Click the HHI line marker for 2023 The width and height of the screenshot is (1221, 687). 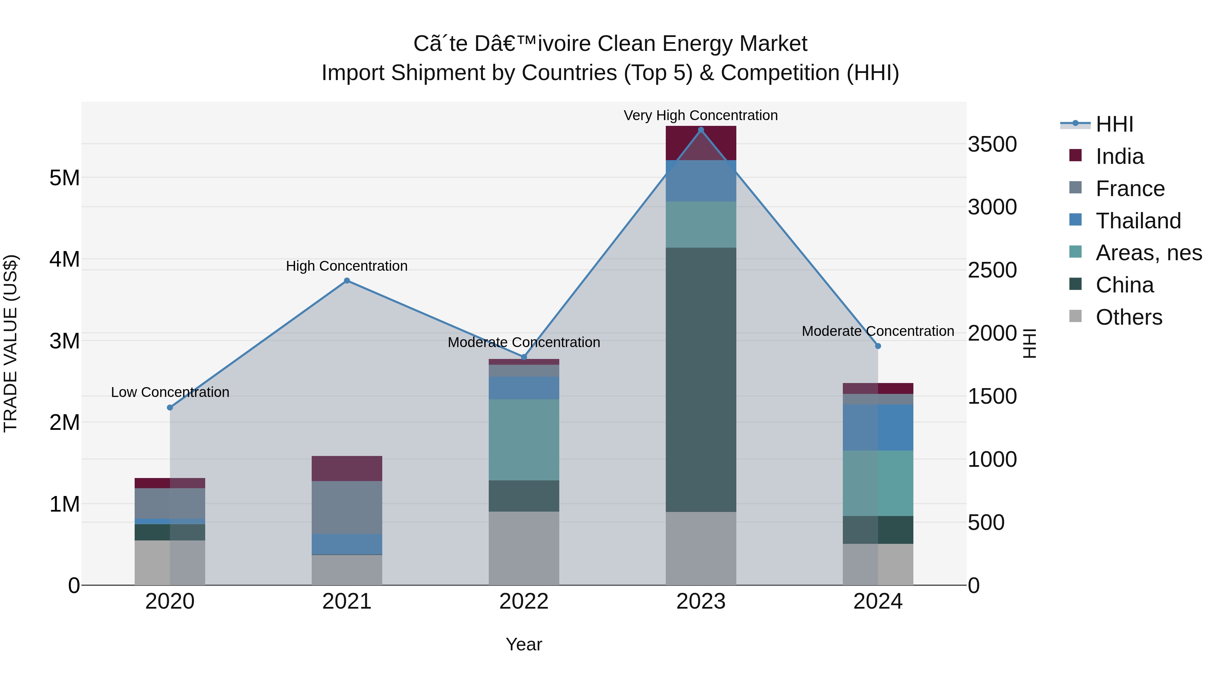point(701,130)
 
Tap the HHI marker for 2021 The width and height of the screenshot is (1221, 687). point(347,281)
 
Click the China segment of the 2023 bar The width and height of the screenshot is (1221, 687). point(701,379)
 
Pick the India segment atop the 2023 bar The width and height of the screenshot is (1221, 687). point(701,143)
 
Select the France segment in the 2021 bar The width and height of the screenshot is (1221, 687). point(347,507)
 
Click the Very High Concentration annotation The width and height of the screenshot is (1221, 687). point(701,115)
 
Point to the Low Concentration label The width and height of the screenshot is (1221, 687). point(170,392)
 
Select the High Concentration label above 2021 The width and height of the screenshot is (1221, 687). point(347,266)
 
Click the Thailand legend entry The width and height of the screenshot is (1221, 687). point(1138,221)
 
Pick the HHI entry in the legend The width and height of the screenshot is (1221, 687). point(1114,124)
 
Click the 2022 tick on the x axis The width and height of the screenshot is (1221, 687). point(524,602)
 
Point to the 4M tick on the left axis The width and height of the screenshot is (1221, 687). point(64,260)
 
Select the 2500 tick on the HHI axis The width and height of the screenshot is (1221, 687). point(992,270)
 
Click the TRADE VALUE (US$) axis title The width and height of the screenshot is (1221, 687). point(11,343)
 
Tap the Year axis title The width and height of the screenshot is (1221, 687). point(524,644)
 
